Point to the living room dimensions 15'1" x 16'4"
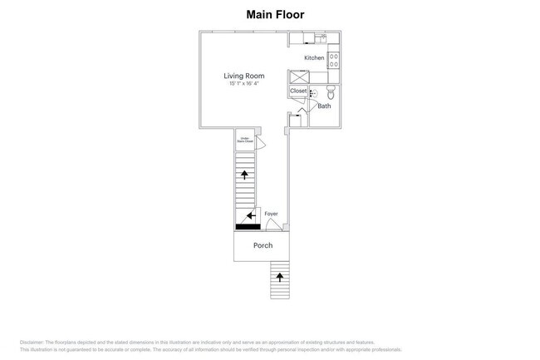point(245,83)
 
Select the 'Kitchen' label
point(314,57)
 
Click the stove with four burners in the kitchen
point(333,59)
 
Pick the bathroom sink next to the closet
point(313,94)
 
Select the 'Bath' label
point(325,106)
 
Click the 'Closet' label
point(297,91)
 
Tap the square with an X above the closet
point(297,76)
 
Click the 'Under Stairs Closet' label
point(245,139)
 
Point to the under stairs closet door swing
point(259,145)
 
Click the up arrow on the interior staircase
point(244,173)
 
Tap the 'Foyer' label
point(271,214)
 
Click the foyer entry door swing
point(272,224)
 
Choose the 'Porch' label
point(263,245)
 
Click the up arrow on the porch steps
point(279,276)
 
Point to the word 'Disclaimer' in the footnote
point(32,343)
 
